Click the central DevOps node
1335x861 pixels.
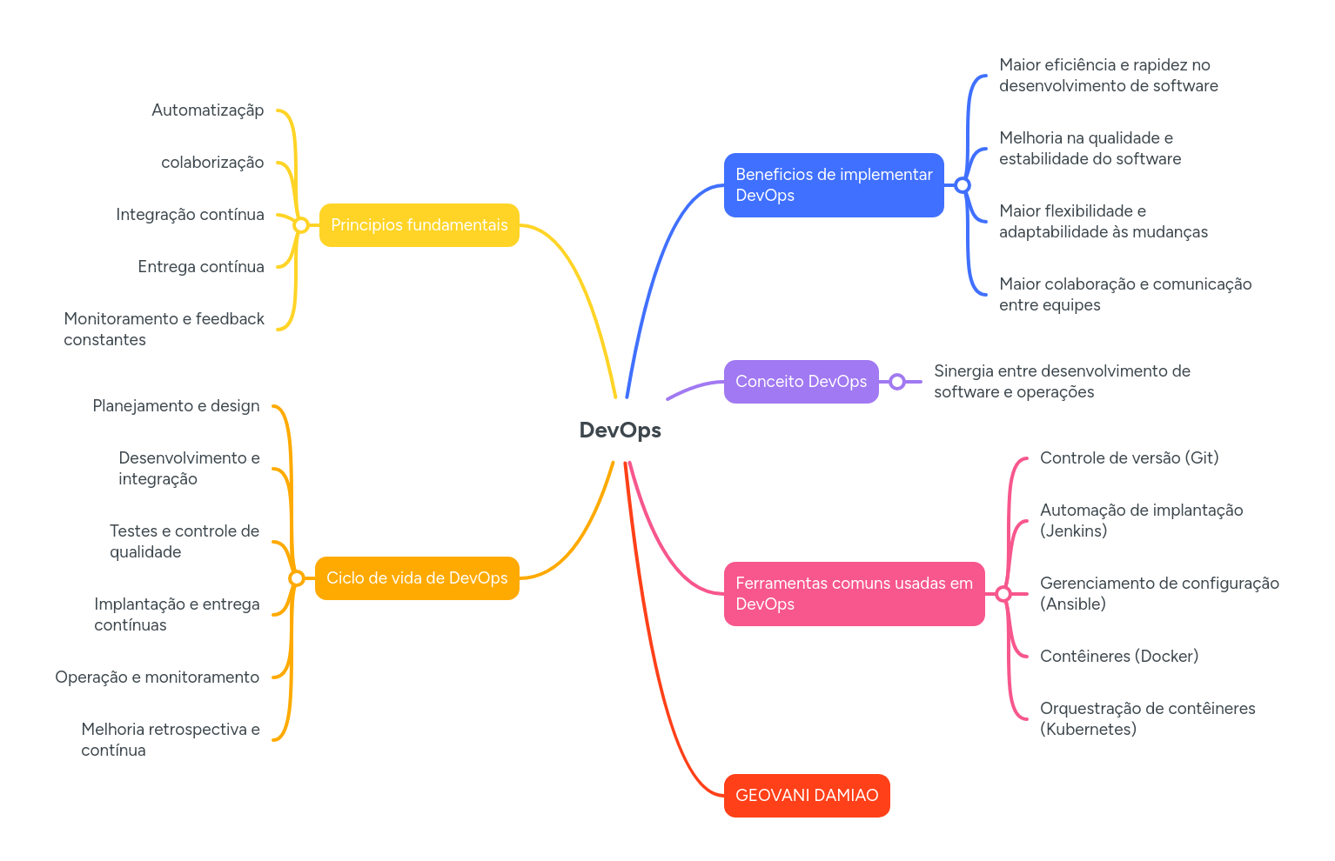[620, 430]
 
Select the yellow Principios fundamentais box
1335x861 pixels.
[419, 225]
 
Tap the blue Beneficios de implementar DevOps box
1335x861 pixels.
[833, 185]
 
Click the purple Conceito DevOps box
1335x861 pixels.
[801, 382]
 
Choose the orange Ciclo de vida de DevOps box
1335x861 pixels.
[417, 578]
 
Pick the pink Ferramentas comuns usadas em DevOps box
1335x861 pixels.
[854, 594]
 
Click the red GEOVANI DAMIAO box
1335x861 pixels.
[806, 796]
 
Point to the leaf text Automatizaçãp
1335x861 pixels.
[207, 110]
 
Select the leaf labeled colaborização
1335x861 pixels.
[211, 163]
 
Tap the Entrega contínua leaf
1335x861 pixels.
[200, 267]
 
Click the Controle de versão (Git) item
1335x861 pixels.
[1129, 458]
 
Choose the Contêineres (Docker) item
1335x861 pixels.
[1118, 657]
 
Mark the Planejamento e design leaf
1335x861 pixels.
[176, 406]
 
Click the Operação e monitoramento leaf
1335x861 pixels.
[157, 677]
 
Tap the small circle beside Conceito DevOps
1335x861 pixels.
[897, 382]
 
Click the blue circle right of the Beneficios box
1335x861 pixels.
[962, 185]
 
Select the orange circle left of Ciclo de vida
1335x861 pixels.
[296, 578]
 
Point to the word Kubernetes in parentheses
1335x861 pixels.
[1088, 730]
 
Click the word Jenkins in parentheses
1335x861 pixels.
[1073, 531]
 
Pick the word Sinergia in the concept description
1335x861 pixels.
[963, 371]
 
